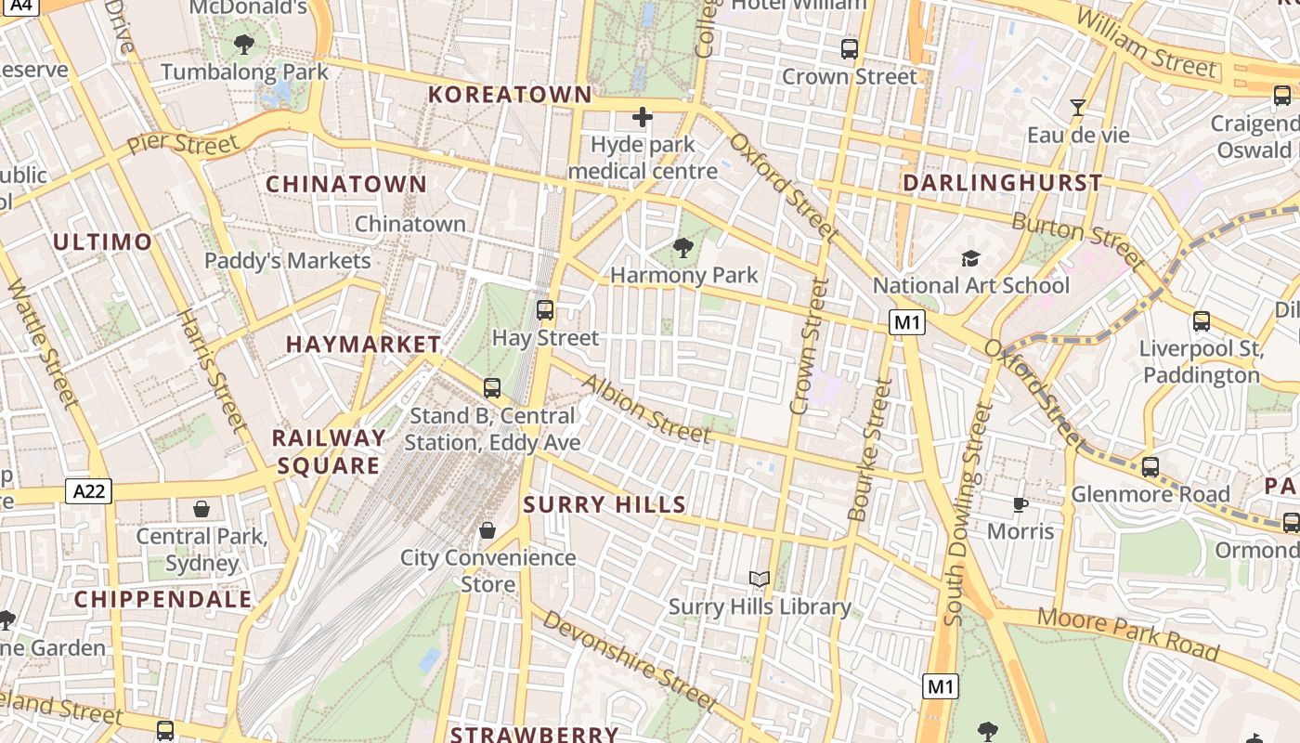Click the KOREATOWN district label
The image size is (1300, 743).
[510, 95]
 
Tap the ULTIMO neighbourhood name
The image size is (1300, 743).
[102, 242]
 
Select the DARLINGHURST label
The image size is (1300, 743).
[1003, 183]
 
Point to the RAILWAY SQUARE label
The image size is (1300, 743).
[329, 451]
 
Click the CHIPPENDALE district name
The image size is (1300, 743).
[163, 599]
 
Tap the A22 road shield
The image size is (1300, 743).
[88, 491]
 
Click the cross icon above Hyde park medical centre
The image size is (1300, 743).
[642, 117]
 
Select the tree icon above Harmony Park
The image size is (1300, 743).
[683, 247]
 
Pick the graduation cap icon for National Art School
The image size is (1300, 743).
[970, 258]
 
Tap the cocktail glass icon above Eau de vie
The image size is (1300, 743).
[1077, 108]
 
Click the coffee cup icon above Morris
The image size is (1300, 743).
[1020, 504]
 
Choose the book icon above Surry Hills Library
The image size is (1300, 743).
[760, 580]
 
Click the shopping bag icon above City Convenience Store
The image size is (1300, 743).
[487, 530]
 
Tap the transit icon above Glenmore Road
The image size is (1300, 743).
[1150, 466]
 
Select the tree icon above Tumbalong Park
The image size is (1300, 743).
[244, 44]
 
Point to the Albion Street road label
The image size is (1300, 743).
[647, 408]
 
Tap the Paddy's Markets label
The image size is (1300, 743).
[288, 261]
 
